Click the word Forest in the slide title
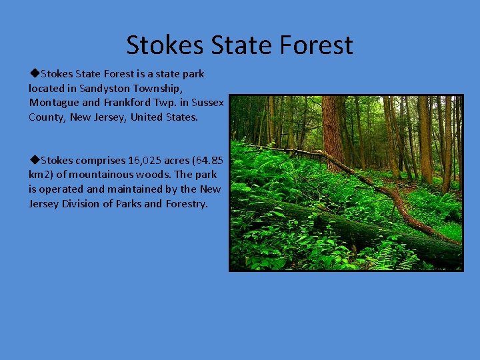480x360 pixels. (317, 45)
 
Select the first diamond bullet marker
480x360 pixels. (34, 73)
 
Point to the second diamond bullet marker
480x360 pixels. (34, 160)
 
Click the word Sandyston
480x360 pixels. (105, 88)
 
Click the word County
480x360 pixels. (47, 117)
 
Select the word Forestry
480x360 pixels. (187, 204)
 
